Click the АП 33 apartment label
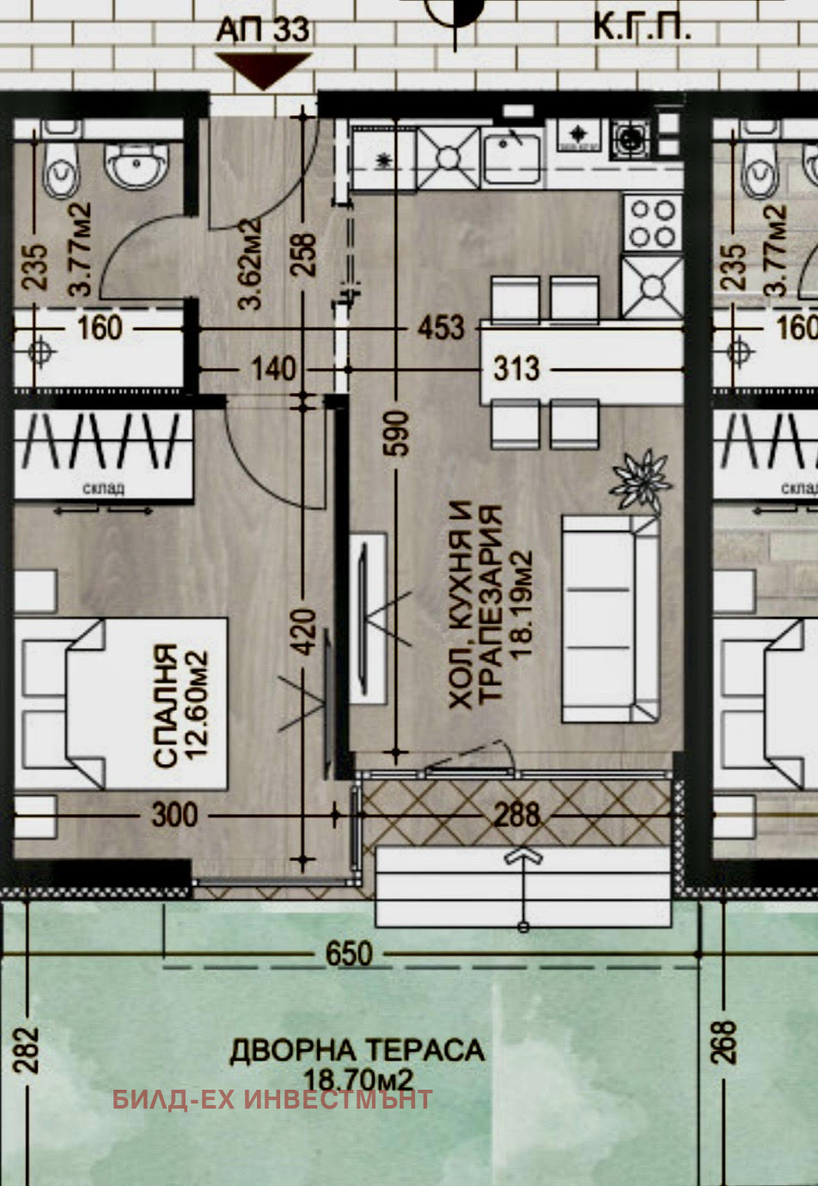click(x=262, y=30)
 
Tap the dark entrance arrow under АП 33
click(x=263, y=70)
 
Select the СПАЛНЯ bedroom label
click(x=165, y=706)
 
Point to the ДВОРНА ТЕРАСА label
click(x=357, y=1050)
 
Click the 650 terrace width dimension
click(x=349, y=954)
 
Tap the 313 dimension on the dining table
click(x=516, y=369)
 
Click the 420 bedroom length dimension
click(x=305, y=632)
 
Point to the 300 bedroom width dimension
click(x=174, y=814)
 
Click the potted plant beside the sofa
click(x=640, y=482)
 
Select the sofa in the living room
click(x=610, y=618)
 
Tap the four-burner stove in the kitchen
click(x=653, y=222)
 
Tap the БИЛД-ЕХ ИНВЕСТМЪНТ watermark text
click(x=272, y=1099)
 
